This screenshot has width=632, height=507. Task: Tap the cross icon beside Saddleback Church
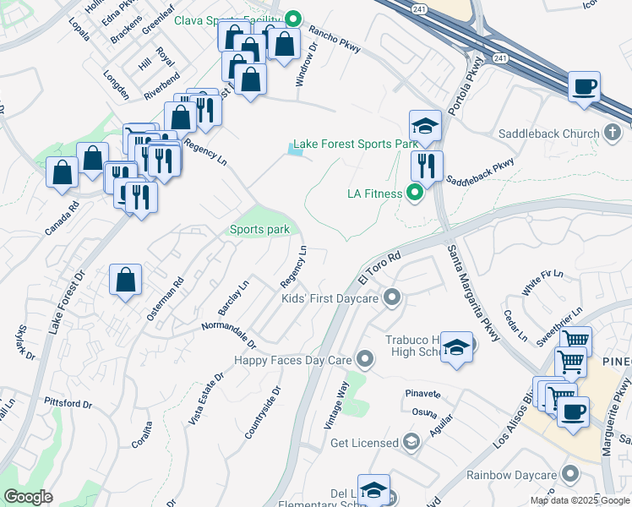click(613, 133)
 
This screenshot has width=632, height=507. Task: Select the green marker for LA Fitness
click(414, 194)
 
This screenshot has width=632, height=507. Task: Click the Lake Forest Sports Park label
click(345, 144)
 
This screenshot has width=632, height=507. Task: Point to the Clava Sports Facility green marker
click(293, 18)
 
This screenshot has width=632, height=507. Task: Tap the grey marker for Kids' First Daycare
click(390, 297)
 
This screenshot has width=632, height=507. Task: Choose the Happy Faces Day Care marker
click(365, 360)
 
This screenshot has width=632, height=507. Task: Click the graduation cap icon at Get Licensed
click(411, 443)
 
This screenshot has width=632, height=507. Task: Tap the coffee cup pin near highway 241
click(584, 86)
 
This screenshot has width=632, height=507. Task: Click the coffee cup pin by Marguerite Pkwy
click(575, 412)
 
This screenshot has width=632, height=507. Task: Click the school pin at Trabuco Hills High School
click(456, 347)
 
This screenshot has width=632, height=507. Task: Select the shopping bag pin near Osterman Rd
click(125, 280)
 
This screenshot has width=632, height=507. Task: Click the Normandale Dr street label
click(228, 335)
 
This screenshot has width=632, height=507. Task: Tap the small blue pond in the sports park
click(294, 150)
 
